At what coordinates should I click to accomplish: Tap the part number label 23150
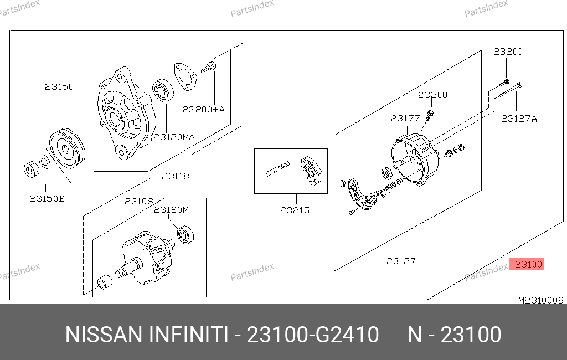pyautogui.click(x=59, y=87)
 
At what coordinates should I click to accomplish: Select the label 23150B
pyautogui.click(x=47, y=199)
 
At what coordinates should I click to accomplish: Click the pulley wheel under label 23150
pyautogui.click(x=67, y=148)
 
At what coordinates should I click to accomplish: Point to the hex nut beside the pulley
pyautogui.click(x=29, y=169)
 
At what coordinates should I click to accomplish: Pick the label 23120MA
pyautogui.click(x=174, y=137)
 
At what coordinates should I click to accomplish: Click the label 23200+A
pyautogui.click(x=204, y=109)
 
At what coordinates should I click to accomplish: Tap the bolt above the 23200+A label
pyautogui.click(x=209, y=68)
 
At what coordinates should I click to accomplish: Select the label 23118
pyautogui.click(x=176, y=176)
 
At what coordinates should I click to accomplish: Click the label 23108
pyautogui.click(x=139, y=201)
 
